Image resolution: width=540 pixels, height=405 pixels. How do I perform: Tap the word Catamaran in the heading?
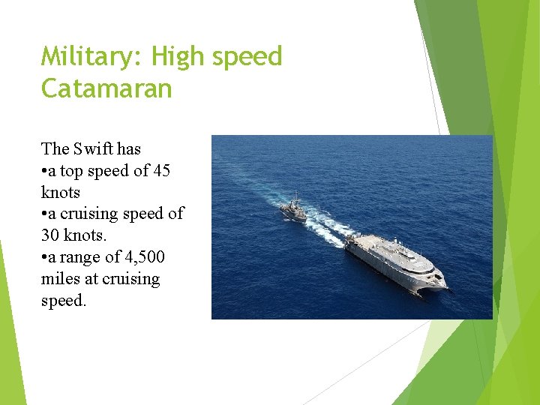(x=106, y=89)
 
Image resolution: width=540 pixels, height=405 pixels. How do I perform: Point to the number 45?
(x=161, y=170)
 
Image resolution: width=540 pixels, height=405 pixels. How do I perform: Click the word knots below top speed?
(x=60, y=192)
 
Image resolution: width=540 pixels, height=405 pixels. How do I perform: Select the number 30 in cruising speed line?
(x=50, y=235)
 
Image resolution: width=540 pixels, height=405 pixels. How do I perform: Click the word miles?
(x=59, y=279)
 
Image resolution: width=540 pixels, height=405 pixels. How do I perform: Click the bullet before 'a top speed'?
(x=44, y=171)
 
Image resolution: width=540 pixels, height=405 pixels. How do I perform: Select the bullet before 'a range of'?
(x=44, y=258)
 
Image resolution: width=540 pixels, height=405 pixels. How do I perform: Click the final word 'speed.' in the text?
(x=64, y=301)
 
